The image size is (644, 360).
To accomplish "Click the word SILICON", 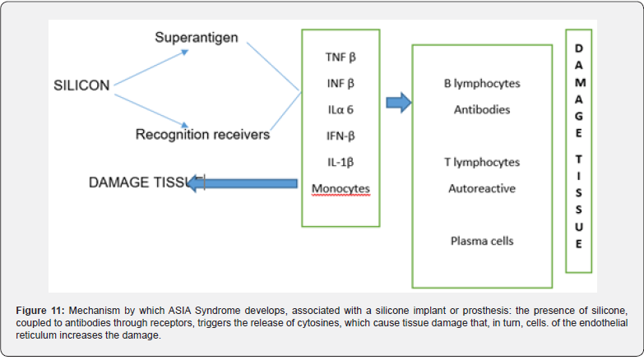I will [81, 85].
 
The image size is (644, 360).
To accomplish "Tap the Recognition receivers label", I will [202, 134].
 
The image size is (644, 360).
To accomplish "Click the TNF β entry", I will [341, 58].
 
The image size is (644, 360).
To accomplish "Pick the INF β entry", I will [341, 82].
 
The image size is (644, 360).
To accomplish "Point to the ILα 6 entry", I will [341, 108].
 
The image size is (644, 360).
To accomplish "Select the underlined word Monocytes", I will [341, 189].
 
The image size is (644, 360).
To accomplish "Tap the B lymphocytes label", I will [482, 84].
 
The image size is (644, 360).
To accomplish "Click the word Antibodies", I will [482, 109].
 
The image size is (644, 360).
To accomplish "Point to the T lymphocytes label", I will [482, 163].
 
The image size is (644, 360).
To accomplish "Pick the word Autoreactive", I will [482, 188].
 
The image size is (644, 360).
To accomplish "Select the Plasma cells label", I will [482, 241].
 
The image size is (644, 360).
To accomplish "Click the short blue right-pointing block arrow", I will [398, 104].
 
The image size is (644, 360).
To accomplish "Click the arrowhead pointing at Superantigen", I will [185, 52].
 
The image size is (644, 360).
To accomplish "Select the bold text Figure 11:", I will [40, 311].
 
